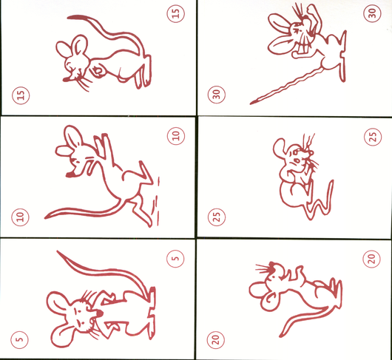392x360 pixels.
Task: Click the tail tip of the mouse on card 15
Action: coord(69,17)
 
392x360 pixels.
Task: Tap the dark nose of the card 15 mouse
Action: coord(66,80)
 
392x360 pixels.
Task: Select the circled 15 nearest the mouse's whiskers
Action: coord(21,95)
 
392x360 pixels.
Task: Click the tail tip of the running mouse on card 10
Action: coord(46,217)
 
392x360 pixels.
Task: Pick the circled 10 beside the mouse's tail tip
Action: coord(20,217)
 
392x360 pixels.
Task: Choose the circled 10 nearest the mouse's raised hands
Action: coord(176,136)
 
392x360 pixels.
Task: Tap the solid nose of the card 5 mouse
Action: coord(99,313)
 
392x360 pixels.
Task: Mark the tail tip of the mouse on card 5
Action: coord(58,252)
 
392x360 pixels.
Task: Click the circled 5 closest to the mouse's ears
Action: coord(19,340)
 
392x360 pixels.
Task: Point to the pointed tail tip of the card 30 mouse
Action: coord(251,103)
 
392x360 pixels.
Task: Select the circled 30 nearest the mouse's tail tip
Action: coord(217,95)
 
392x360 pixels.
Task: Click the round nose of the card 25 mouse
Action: coord(311,152)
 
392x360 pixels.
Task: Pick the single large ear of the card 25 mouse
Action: coord(280,148)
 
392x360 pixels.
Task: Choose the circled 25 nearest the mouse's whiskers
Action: coord(373,137)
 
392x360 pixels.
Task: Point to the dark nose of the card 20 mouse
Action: coord(271,265)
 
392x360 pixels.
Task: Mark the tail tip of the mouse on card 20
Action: coord(281,336)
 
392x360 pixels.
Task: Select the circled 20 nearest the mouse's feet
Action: coord(371,259)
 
